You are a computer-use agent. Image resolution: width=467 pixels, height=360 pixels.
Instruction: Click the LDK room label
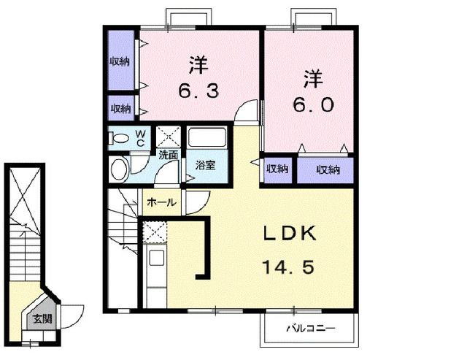(x=289, y=234)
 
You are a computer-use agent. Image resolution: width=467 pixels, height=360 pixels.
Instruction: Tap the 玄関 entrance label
(x=41, y=318)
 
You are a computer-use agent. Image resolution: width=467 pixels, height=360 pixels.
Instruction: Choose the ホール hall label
(x=160, y=202)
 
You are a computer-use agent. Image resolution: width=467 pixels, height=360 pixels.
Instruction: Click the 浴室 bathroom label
(x=205, y=166)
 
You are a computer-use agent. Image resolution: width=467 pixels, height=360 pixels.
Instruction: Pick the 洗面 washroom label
(x=169, y=155)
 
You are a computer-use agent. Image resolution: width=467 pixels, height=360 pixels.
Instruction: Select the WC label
(x=140, y=137)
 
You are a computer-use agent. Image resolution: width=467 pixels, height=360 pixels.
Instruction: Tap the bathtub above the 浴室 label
(x=207, y=139)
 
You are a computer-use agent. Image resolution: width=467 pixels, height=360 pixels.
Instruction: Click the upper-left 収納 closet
(x=120, y=61)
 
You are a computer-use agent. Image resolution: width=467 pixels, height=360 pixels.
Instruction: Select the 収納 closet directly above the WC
(x=120, y=109)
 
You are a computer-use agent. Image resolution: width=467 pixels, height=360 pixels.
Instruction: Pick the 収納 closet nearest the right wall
(x=328, y=169)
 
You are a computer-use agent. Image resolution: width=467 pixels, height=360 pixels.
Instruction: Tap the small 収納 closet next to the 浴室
(x=276, y=169)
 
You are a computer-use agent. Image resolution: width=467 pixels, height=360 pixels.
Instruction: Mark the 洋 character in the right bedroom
(x=314, y=77)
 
